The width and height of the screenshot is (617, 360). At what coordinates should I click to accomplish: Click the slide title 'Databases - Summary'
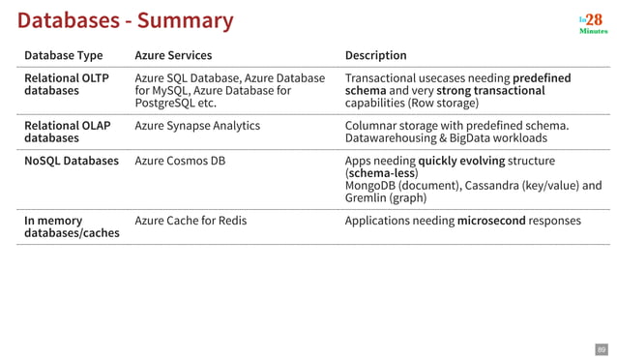pos(126,20)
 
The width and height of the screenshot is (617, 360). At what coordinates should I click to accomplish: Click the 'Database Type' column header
pos(63,55)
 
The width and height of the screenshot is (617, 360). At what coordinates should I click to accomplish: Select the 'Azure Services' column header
pos(173,55)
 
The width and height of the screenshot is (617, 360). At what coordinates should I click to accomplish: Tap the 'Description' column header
pos(375,55)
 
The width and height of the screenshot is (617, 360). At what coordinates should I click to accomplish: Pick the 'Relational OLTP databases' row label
pos(66,84)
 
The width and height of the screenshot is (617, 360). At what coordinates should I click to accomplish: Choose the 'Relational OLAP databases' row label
pos(67,132)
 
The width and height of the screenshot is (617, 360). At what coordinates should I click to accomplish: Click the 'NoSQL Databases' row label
pos(71,161)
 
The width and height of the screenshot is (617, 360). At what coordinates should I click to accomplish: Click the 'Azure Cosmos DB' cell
pos(179,161)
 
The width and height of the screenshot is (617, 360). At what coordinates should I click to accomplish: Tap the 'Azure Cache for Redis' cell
pos(191,221)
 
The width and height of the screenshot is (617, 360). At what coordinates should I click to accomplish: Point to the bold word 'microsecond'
pos(491,221)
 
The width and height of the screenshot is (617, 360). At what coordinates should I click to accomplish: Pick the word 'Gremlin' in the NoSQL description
pos(366,198)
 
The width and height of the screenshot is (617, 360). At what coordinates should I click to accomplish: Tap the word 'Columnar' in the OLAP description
pos(370,126)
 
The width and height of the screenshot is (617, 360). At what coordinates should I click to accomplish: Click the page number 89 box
pos(600,348)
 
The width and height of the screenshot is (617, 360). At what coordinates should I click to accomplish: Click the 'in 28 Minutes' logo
pos(593,23)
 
